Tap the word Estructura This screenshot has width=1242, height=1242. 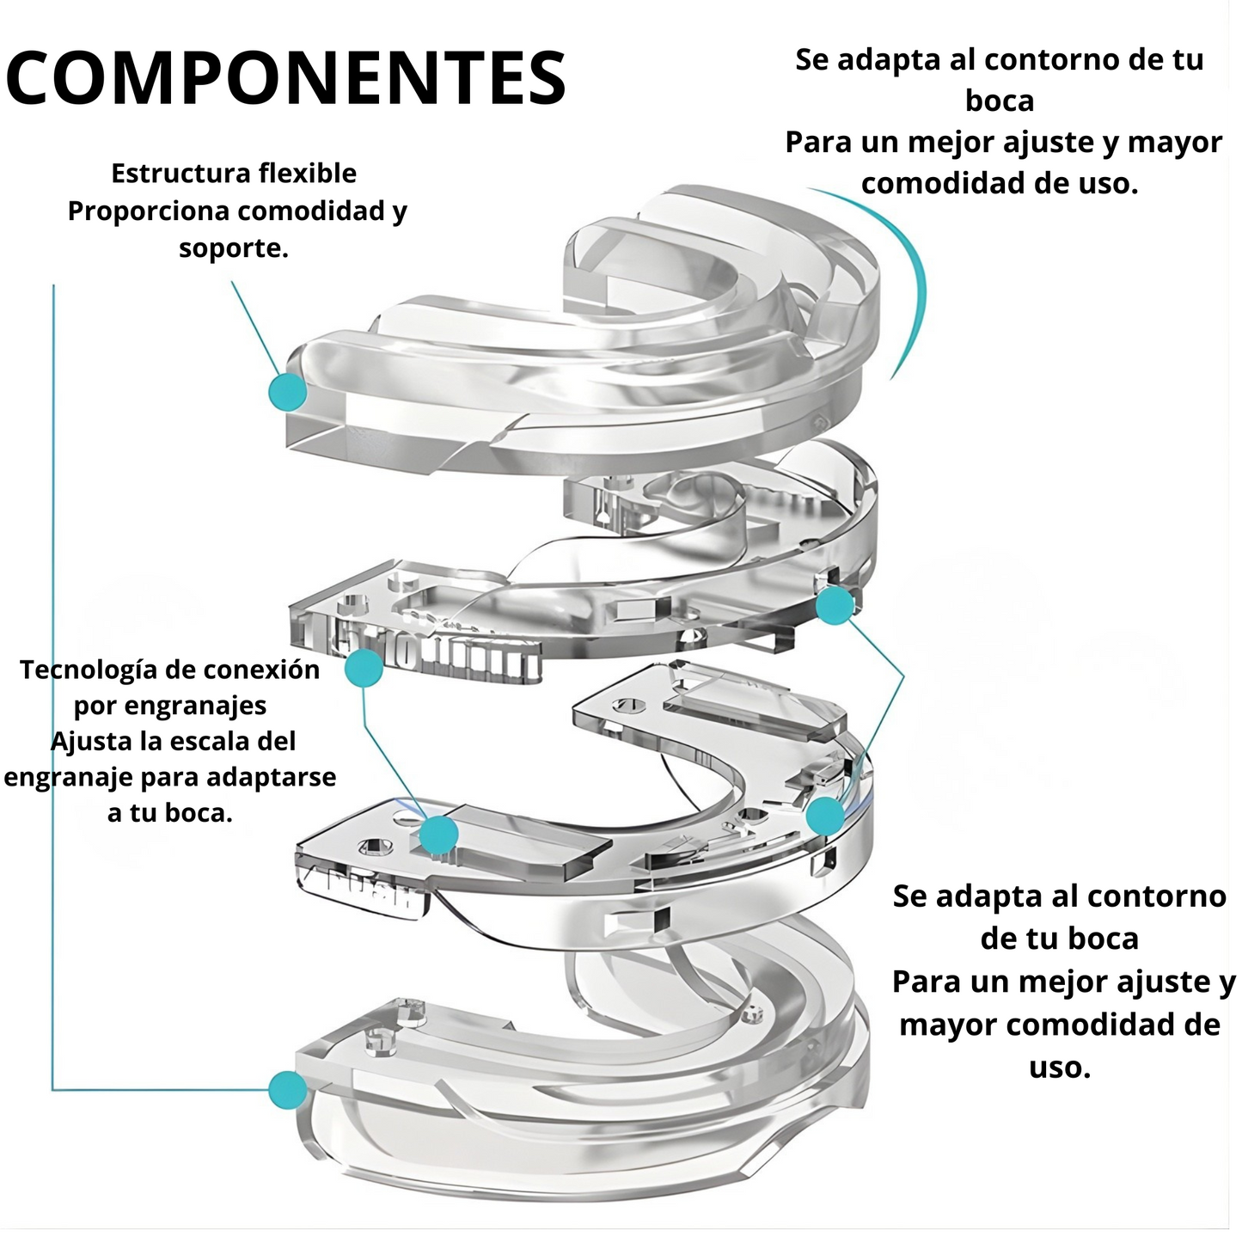click(x=169, y=174)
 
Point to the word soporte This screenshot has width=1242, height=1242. click(x=232, y=248)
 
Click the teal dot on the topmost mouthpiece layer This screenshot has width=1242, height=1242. click(x=287, y=392)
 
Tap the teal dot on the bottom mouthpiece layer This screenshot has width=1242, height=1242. click(x=287, y=1090)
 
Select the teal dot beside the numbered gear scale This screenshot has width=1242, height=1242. click(x=364, y=667)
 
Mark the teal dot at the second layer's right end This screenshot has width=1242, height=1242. click(x=834, y=606)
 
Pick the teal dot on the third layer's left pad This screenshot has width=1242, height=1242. click(x=439, y=835)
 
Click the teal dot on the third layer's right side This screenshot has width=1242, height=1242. click(x=825, y=815)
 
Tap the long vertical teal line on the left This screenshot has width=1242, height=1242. click(x=53, y=688)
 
